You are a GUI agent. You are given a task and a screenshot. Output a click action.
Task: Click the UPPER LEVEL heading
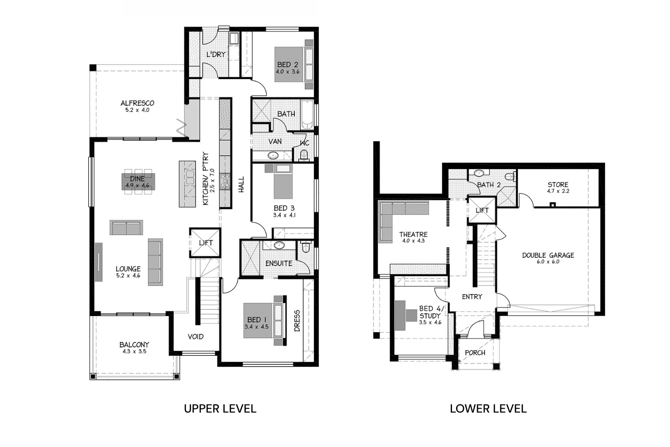220,409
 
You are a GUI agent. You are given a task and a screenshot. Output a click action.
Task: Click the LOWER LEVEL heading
488,409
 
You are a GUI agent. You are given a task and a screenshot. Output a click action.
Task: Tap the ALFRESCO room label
137,103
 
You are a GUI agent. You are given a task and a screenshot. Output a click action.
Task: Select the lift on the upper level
205,243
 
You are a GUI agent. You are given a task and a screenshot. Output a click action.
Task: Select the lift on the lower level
482,210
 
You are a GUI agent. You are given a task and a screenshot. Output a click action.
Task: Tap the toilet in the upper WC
304,155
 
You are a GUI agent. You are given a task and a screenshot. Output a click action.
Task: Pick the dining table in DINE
138,181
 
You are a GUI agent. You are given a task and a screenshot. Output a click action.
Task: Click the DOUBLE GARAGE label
548,255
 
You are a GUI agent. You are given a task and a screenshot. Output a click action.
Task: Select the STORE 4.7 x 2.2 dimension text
558,191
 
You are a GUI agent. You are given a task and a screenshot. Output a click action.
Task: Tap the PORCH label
475,353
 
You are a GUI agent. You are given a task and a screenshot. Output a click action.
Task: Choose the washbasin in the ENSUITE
280,245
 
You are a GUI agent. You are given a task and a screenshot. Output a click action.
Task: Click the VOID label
196,337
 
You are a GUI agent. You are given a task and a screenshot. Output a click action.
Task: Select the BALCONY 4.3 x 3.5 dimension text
134,351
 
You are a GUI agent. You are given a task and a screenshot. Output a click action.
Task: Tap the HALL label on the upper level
241,185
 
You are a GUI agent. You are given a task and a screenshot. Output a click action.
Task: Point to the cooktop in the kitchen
225,181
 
